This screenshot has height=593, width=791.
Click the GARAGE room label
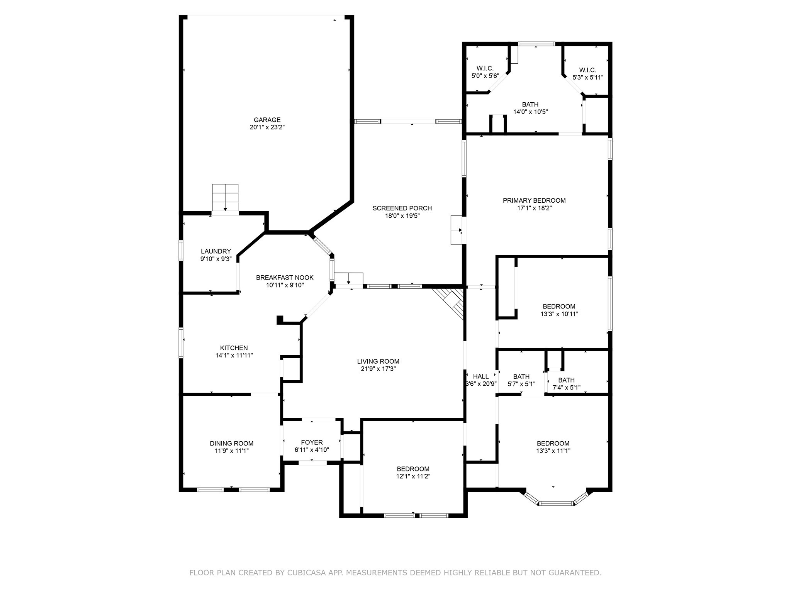[x=267, y=120]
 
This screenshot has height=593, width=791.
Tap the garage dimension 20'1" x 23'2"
[x=267, y=127]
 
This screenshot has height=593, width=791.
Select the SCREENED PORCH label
[x=402, y=208]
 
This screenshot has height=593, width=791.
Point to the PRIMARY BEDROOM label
[x=534, y=200]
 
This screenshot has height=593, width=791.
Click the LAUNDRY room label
[x=216, y=251]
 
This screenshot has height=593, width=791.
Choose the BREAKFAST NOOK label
[x=285, y=278]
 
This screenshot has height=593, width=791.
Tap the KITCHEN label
[x=234, y=348]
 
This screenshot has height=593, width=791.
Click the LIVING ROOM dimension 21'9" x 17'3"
[x=378, y=369]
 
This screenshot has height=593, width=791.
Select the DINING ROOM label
[x=232, y=443]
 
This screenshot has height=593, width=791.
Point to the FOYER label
[x=312, y=442]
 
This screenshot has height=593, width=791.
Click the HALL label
[x=481, y=376]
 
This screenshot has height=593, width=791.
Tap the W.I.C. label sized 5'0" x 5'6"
[x=485, y=68]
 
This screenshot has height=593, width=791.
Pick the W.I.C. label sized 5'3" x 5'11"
[x=588, y=70]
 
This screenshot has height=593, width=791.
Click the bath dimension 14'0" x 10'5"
[x=530, y=112]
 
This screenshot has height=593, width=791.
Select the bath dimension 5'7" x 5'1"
[x=521, y=384]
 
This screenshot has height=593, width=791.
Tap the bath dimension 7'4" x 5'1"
[x=567, y=387]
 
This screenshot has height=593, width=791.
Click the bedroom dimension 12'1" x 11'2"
[x=413, y=476]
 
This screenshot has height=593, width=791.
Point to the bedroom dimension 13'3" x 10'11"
[x=559, y=314]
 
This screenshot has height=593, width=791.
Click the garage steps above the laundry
[x=225, y=198]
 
